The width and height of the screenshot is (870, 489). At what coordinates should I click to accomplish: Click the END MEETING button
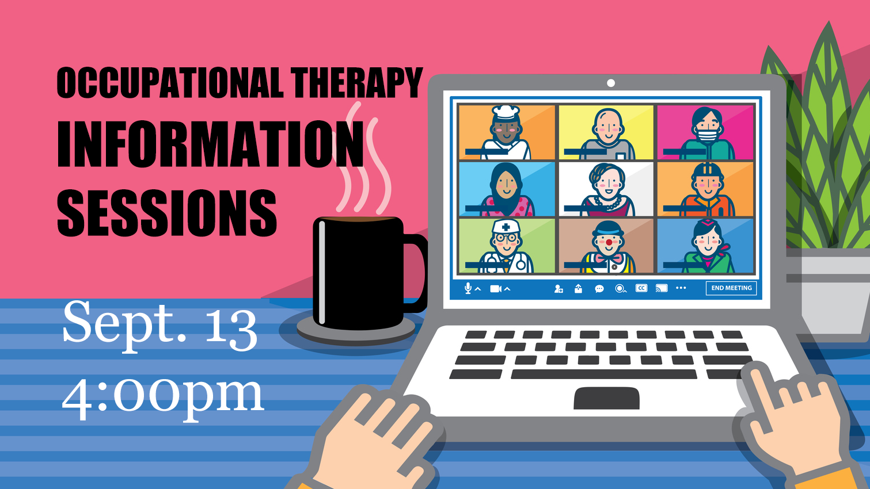coord(731,288)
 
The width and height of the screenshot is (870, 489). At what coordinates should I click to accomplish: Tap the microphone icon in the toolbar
coord(468,288)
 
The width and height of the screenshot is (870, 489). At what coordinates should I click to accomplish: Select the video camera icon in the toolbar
coord(496,289)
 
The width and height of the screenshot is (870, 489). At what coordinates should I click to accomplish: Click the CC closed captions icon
coord(641,288)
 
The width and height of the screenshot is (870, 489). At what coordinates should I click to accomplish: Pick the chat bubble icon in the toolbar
coord(599,289)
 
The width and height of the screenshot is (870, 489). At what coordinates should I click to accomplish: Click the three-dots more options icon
coord(681,288)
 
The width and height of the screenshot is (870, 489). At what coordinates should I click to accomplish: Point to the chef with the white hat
coord(506,132)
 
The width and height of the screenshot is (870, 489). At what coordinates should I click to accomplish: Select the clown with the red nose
coord(608,247)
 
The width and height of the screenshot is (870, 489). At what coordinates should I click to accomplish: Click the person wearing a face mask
coord(707,133)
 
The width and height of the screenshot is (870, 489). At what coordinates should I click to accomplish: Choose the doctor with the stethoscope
coord(506,246)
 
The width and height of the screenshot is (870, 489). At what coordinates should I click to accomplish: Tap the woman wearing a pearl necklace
coord(608,190)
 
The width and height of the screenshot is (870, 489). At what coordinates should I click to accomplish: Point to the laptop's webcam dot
coord(610,83)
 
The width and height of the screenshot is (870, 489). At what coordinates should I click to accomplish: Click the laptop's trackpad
coord(607,398)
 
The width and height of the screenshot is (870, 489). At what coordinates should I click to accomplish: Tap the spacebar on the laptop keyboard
coord(603,374)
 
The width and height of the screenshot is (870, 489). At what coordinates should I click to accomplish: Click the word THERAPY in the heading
coord(356,83)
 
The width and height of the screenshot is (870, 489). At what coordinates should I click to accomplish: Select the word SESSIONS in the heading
coord(167,212)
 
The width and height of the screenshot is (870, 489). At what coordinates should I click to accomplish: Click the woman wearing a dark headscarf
coord(506,190)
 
